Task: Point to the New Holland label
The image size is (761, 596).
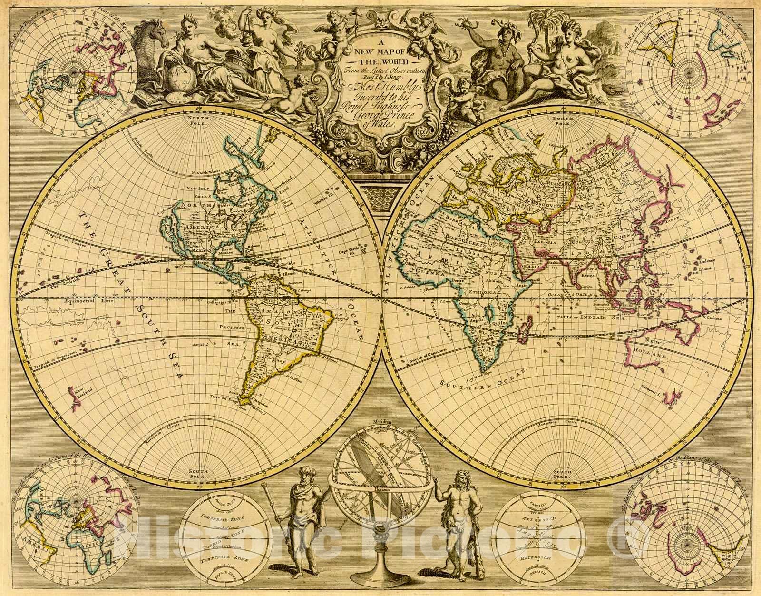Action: tap(656, 348)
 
